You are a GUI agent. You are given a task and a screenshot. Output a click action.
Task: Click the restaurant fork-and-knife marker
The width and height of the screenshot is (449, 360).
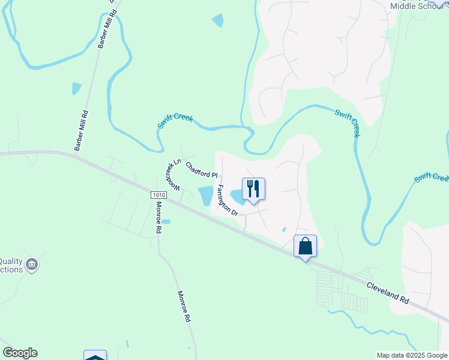253,189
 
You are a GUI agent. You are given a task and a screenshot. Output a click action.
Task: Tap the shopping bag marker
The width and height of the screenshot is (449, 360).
305,246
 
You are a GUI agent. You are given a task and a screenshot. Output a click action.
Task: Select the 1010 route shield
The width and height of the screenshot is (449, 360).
158,195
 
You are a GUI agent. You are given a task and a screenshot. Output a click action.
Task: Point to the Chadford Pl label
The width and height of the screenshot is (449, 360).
200,171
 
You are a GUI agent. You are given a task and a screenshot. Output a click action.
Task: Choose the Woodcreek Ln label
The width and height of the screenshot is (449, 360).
172,175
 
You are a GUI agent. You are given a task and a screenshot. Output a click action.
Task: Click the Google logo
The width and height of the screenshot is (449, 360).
20,353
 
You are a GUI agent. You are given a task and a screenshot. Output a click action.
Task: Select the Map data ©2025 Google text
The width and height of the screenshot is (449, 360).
412,355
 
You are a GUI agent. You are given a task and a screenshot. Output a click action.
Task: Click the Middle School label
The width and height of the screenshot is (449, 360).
415,6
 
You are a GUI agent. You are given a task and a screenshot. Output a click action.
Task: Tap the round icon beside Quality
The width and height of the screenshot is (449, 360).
33,263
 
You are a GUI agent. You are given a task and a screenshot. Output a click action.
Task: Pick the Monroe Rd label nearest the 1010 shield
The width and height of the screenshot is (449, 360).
158,217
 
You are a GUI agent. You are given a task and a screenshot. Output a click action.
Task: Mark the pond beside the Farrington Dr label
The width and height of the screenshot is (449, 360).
206,196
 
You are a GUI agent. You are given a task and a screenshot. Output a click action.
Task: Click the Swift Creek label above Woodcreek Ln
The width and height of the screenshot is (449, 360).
175,120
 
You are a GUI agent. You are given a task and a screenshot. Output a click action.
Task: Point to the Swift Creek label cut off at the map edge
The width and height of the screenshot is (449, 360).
432,178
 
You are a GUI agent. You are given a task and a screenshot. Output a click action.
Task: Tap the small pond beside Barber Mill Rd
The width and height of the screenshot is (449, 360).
76,89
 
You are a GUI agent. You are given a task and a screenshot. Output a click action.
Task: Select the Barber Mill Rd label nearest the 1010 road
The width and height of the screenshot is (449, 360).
81,130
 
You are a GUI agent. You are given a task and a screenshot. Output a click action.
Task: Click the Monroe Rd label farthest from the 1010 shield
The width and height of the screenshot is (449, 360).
184,307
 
